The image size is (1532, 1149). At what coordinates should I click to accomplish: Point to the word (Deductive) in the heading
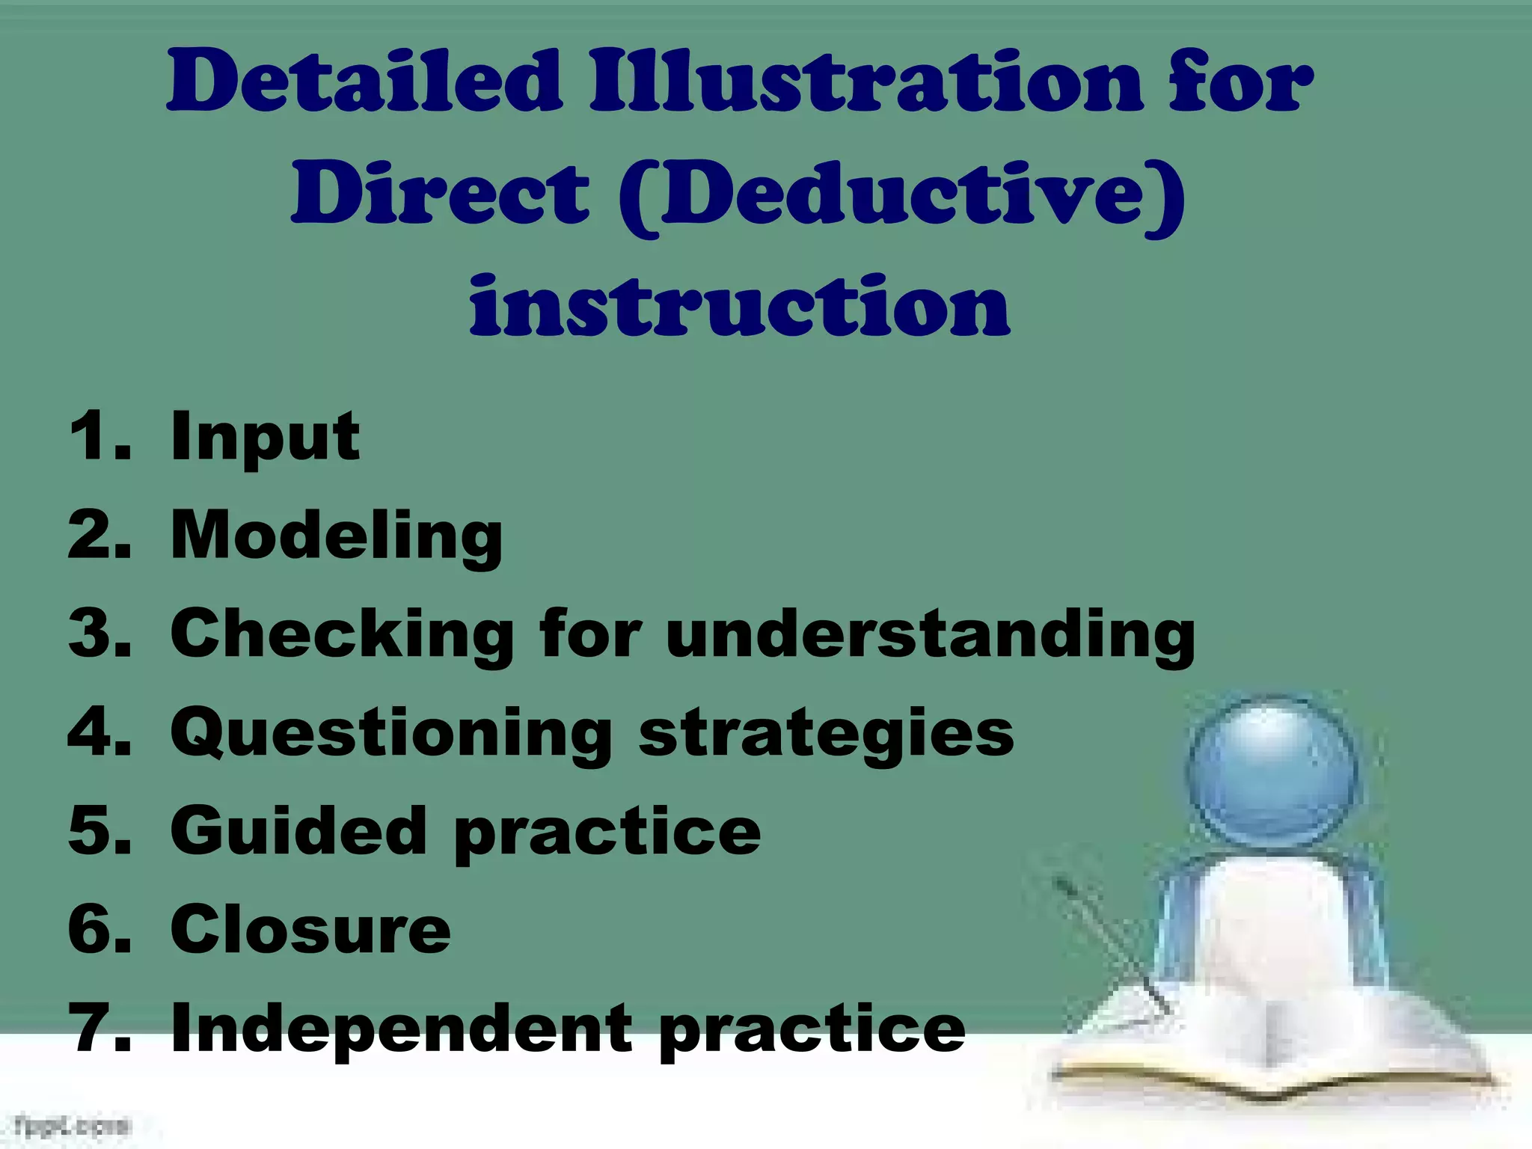[x=901, y=196]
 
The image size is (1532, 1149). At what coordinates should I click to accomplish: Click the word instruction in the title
[x=740, y=307]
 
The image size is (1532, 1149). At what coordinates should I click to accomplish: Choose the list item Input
[x=265, y=438]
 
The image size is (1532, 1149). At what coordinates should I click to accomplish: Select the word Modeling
[x=337, y=537]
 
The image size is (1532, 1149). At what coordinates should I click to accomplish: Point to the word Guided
[x=298, y=832]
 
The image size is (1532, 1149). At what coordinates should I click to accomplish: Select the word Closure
[x=310, y=930]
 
